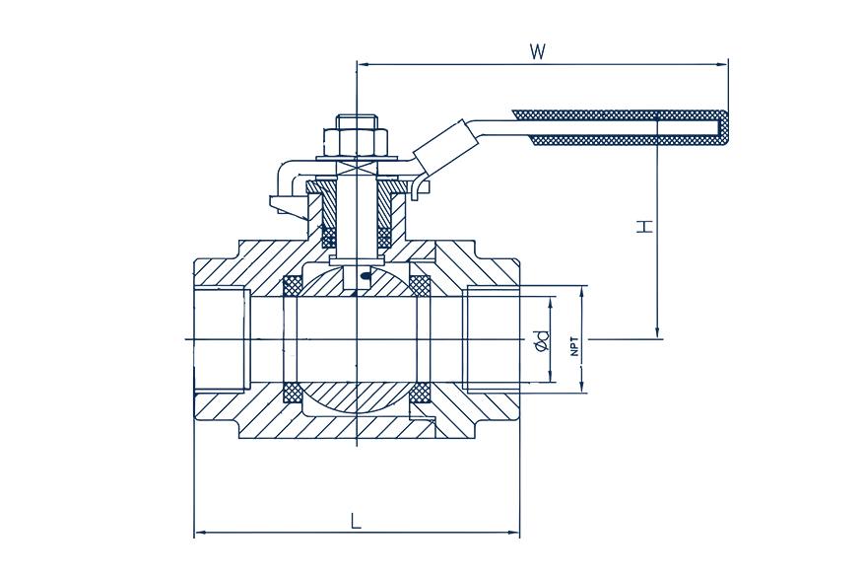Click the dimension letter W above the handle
click(537, 51)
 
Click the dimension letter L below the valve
click(356, 521)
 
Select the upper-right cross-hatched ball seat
click(420, 284)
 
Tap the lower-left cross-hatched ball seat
click(293, 393)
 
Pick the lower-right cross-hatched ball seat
click(420, 393)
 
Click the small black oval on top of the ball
click(366, 277)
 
